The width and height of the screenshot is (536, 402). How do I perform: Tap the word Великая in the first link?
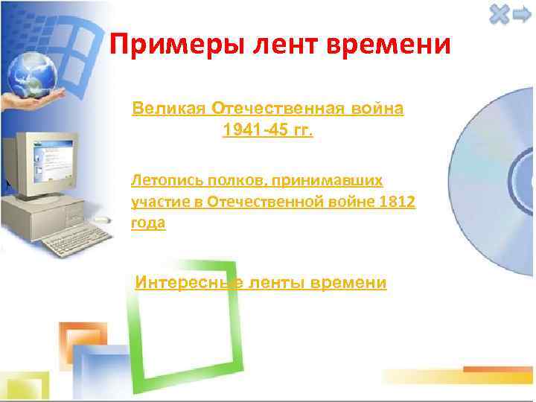pyautogui.click(x=169, y=109)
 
